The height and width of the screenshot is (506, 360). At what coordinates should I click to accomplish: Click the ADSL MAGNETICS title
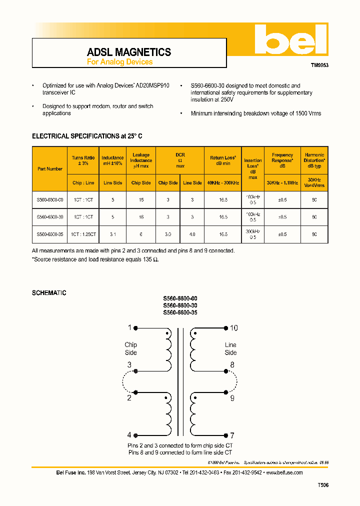pyautogui.click(x=129, y=52)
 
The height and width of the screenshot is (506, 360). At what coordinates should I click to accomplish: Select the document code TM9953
pyautogui.click(x=319, y=65)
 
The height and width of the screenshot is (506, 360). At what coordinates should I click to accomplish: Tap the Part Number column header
pyautogui.click(x=50, y=169)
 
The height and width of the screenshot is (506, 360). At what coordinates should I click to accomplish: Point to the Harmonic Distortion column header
pyautogui.click(x=314, y=160)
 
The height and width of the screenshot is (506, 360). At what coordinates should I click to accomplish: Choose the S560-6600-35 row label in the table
pyautogui.click(x=50, y=233)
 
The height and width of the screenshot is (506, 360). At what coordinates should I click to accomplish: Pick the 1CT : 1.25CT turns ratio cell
pyautogui.click(x=83, y=233)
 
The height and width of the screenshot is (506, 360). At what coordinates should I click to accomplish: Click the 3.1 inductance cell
pyautogui.click(x=113, y=233)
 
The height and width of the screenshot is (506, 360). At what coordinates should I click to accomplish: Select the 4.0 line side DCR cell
pyautogui.click(x=192, y=233)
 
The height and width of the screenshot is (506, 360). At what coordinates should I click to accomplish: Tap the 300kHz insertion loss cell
pyautogui.click(x=253, y=234)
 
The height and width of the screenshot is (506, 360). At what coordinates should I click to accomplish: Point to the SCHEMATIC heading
pyautogui.click(x=49, y=293)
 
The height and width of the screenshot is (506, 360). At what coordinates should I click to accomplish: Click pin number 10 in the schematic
pyautogui.click(x=233, y=328)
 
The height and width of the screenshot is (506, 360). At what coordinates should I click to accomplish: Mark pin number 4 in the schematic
pyautogui.click(x=129, y=435)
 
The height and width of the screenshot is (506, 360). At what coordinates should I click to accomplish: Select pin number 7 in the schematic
pyautogui.click(x=232, y=435)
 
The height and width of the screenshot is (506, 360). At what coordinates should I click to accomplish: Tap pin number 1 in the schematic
pyautogui.click(x=129, y=328)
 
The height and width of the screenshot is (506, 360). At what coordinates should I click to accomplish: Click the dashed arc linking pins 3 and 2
pyautogui.click(x=125, y=384)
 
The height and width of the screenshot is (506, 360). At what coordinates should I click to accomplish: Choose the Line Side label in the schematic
pyautogui.click(x=230, y=348)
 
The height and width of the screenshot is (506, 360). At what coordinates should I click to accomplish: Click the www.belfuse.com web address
pyautogui.click(x=284, y=472)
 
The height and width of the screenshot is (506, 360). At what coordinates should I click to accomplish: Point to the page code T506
pyautogui.click(x=323, y=485)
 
